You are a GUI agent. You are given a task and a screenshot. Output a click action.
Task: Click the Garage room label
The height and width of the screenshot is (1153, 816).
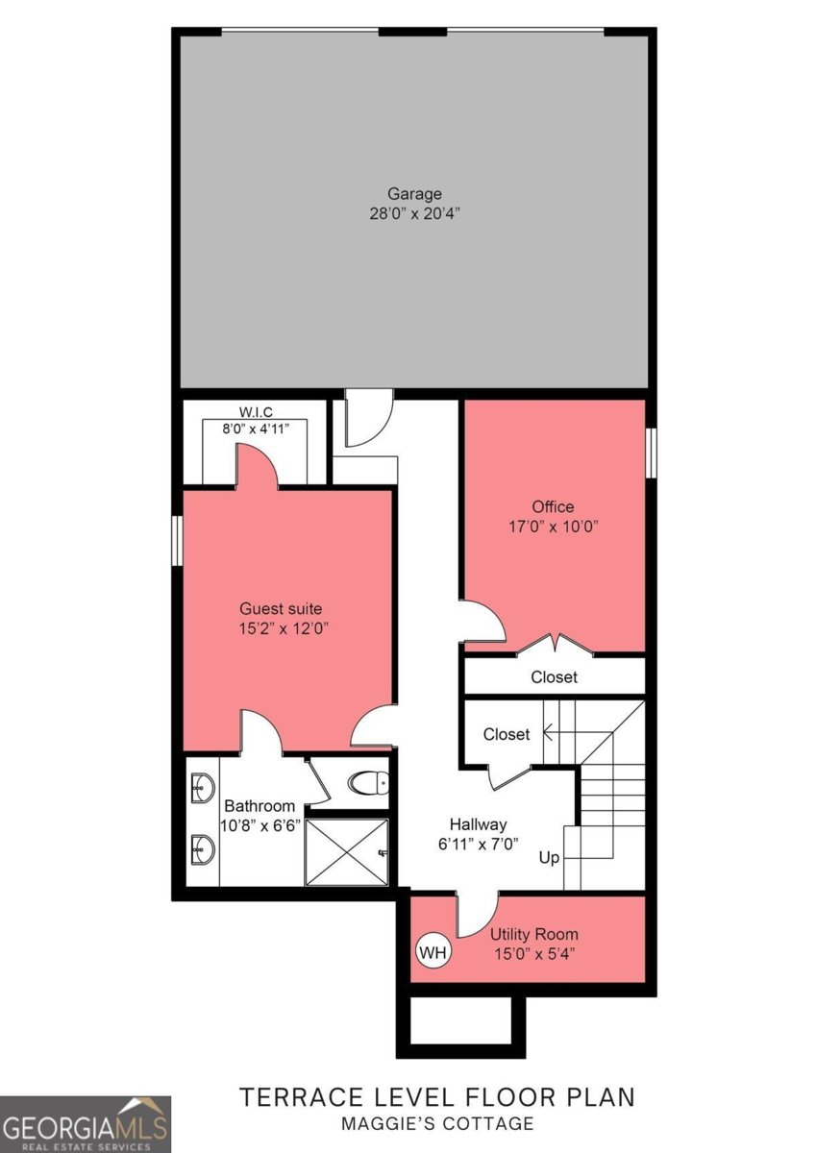pyautogui.click(x=414, y=193)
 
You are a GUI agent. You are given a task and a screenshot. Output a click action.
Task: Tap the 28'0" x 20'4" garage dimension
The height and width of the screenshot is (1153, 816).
pyautogui.click(x=414, y=212)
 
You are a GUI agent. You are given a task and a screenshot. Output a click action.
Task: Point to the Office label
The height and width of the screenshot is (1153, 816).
pyautogui.click(x=553, y=506)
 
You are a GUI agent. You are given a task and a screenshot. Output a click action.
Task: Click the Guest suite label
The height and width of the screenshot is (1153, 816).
pyautogui.click(x=281, y=608)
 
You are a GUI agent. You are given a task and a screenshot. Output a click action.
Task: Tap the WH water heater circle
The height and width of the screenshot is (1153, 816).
pyautogui.click(x=433, y=952)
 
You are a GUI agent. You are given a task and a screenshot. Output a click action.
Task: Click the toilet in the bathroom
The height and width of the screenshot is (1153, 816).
pyautogui.click(x=368, y=784)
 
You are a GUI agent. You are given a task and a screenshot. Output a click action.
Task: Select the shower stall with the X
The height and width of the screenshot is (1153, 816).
pyautogui.click(x=347, y=851)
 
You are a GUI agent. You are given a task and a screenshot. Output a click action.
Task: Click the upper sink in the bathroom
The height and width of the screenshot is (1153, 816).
pyautogui.click(x=201, y=787)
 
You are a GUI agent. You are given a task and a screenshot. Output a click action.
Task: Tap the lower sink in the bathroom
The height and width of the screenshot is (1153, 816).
pyautogui.click(x=201, y=848)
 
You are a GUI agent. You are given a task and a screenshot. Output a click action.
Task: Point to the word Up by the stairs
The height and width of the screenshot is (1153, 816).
pyautogui.click(x=549, y=857)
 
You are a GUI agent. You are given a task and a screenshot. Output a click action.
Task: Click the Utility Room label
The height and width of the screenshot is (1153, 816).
pyautogui.click(x=534, y=934)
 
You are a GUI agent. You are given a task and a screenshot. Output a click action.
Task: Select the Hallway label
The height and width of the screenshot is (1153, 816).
pyautogui.click(x=478, y=824)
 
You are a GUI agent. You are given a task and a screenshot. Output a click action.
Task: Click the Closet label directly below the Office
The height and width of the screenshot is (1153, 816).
pyautogui.click(x=555, y=676)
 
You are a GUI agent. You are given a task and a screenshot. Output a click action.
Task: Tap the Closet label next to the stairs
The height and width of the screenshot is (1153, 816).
pyautogui.click(x=507, y=734)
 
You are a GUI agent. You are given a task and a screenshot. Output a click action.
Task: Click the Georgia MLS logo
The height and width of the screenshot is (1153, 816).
pyautogui.click(x=86, y=1124)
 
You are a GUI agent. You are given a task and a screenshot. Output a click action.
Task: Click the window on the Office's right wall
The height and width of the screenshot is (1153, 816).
pyautogui.click(x=651, y=452)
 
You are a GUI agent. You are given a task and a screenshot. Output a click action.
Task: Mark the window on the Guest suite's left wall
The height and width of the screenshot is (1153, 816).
pyautogui.click(x=177, y=540)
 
